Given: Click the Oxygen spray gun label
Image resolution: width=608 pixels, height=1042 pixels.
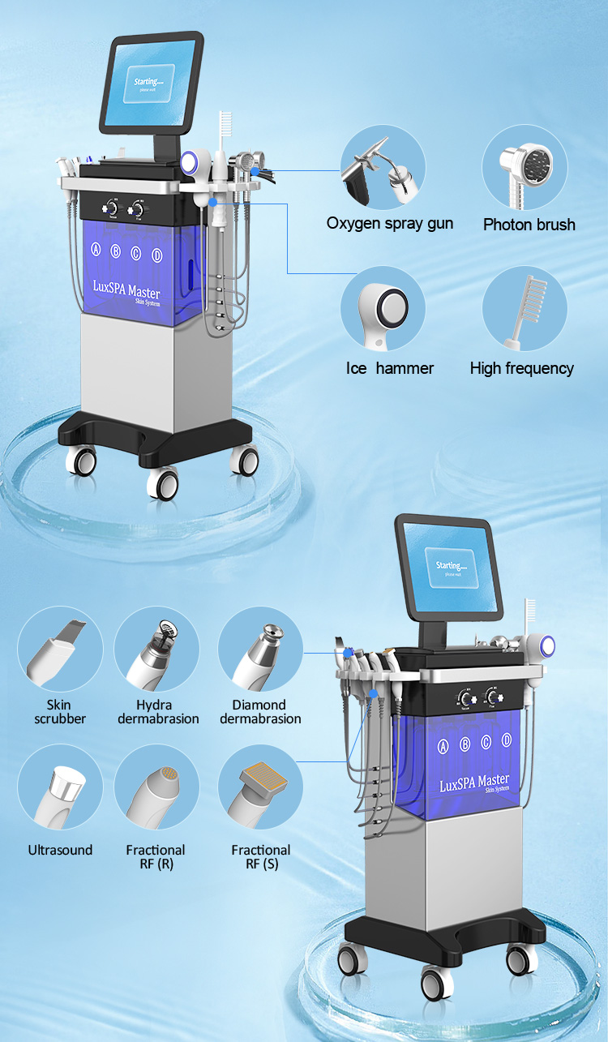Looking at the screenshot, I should [x=390, y=224].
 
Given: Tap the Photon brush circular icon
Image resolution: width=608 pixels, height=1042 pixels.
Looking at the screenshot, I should [x=525, y=167].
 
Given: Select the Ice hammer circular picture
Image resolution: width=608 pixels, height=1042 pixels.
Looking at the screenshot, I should [x=383, y=308].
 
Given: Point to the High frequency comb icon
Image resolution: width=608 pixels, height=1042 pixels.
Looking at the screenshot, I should [x=525, y=308].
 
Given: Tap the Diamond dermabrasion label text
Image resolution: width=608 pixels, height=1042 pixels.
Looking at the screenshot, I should [x=259, y=712].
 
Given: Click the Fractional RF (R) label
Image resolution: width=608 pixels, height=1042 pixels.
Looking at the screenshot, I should [x=156, y=857].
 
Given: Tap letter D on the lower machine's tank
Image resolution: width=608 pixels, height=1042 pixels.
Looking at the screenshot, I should [x=507, y=740].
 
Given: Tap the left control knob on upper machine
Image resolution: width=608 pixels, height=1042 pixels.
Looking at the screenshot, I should [x=108, y=208].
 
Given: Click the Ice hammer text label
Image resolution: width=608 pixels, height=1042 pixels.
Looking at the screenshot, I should [x=390, y=368].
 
